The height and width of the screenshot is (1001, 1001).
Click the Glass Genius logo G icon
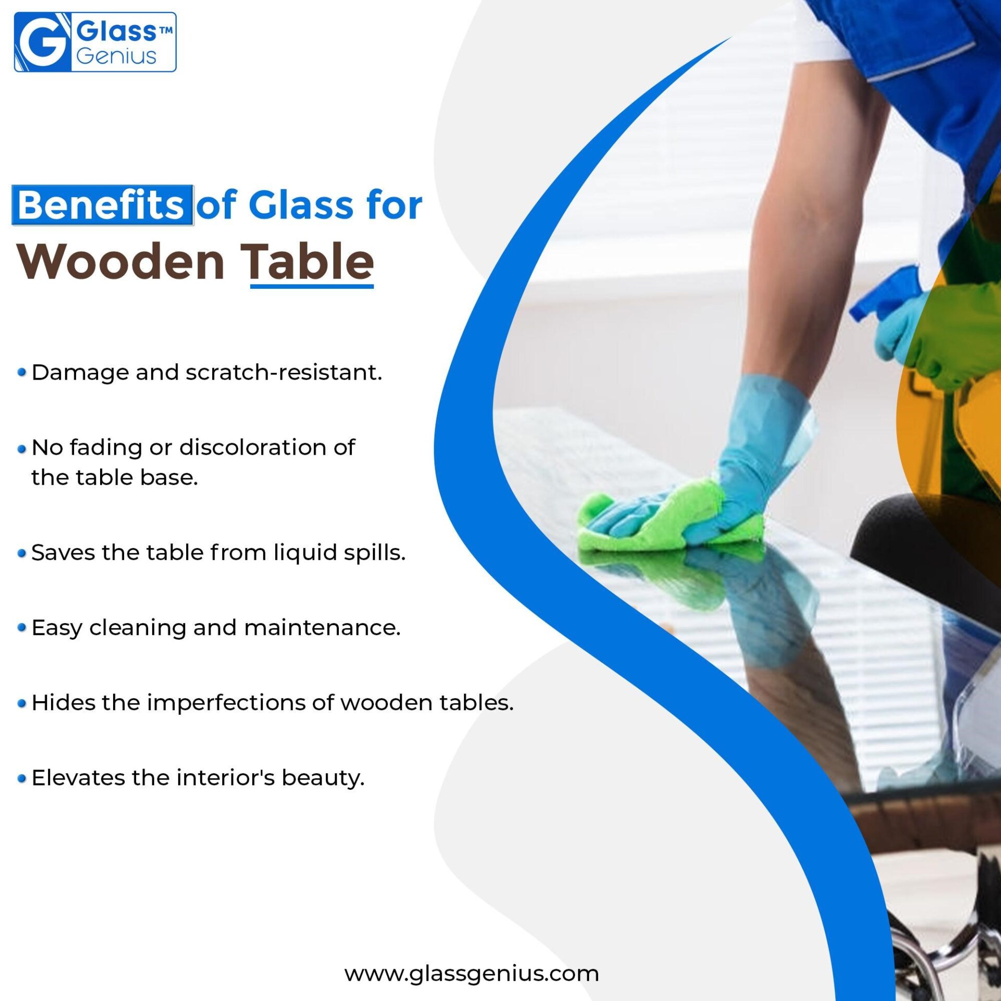(42, 42)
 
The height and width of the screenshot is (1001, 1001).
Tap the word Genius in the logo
(116, 56)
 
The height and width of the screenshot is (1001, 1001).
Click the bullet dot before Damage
(21, 372)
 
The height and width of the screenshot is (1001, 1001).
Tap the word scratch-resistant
(284, 372)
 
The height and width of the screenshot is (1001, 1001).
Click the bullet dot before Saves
(21, 553)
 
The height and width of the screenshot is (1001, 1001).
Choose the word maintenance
(323, 628)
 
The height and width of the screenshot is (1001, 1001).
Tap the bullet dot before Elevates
(21, 778)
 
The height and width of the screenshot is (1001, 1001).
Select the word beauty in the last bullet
(323, 778)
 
